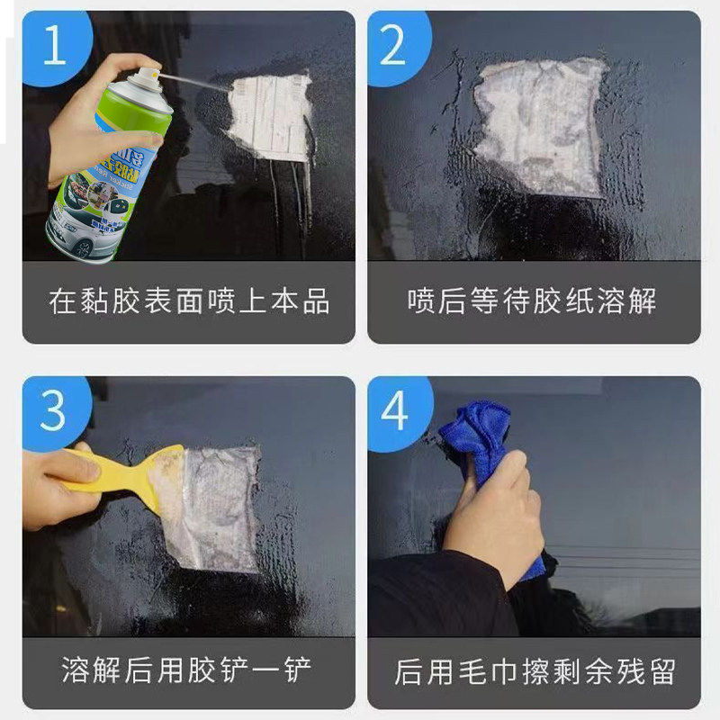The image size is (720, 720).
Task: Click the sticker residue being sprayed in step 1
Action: click(270, 117)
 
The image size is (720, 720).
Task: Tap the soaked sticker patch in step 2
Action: click(540, 126)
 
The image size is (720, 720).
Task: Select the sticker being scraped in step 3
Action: click(211, 504)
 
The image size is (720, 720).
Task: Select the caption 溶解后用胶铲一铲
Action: click(189, 670)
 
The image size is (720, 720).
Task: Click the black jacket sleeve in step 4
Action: click(432, 594)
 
